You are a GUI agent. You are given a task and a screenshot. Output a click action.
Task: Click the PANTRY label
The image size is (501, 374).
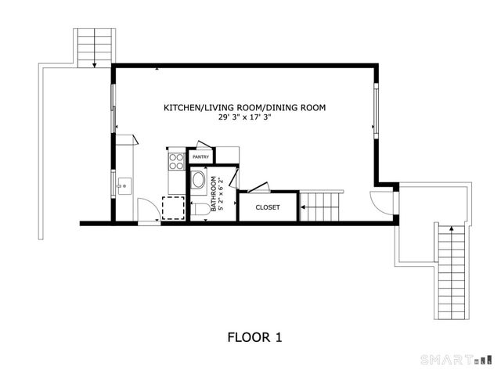[x=200, y=156]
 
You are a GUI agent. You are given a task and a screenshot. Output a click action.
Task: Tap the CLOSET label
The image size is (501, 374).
[x=268, y=208]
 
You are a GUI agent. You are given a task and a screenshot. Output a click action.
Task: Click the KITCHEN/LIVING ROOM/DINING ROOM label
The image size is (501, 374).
[x=244, y=107]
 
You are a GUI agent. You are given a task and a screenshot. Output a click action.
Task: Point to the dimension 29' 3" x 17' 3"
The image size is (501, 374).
[x=244, y=117]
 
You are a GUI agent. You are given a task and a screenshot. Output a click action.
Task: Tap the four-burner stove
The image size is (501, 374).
[x=176, y=161]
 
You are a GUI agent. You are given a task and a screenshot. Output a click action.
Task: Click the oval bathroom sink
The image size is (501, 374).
[x=198, y=183]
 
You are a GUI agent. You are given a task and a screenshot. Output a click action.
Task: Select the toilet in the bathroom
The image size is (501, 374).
[x=199, y=209]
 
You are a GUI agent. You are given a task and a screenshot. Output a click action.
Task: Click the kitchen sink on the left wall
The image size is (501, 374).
[x=124, y=185]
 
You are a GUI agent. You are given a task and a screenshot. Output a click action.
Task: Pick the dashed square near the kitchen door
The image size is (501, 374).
[x=172, y=209]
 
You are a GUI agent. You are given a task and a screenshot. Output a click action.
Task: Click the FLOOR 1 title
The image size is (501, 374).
[x=254, y=337]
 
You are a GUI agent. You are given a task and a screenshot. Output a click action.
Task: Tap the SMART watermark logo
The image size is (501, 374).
[x=458, y=360]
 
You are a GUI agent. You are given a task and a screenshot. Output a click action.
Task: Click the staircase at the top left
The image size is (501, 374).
[x=94, y=47]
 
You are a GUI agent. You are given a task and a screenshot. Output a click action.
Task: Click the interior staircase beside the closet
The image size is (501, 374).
[x=321, y=207]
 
